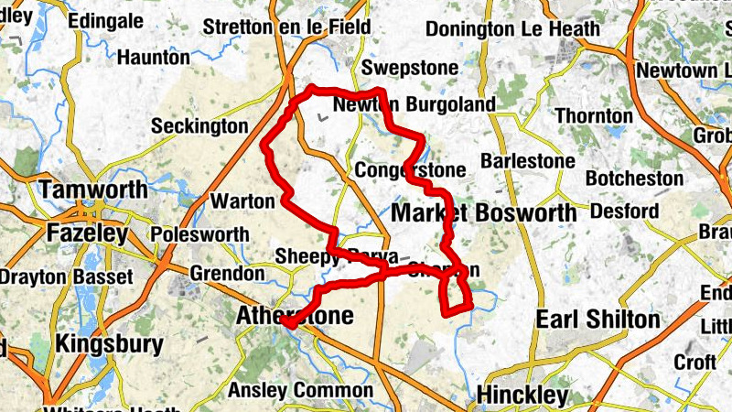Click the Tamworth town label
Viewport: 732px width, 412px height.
pos(92,191)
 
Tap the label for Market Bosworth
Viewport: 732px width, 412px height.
pos(484,213)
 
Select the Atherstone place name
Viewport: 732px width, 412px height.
pos(294,316)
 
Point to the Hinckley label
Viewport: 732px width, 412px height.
pos(522,396)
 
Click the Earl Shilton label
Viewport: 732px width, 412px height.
pos(597,319)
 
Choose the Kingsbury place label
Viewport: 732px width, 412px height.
pos(109,345)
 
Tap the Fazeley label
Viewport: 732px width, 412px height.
pos(88,233)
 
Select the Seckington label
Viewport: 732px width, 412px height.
pos(199,125)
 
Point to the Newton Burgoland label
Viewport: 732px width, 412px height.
pos(414,104)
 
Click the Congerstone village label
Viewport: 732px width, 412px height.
pos(411,170)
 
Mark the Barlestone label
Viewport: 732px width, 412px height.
pos(528,161)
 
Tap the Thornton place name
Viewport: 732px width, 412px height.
pos(595,115)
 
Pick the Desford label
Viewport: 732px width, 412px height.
pos(625,211)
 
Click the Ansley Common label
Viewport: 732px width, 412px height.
pos(287,390)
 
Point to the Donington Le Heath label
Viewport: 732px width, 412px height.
pos(513,29)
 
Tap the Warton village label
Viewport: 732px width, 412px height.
pos(242,200)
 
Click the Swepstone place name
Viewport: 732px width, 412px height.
pos(399,69)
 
